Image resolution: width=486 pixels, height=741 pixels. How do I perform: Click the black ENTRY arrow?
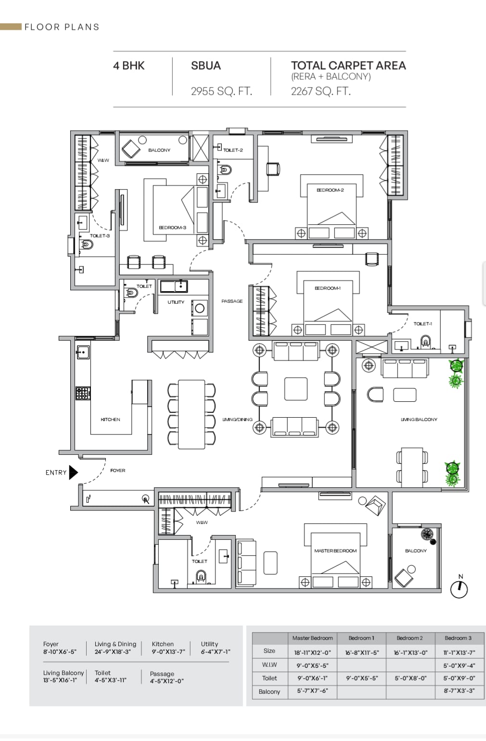point(73,473)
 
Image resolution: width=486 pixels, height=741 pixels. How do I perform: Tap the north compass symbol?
point(460,588)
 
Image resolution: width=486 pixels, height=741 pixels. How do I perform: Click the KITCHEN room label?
point(110,420)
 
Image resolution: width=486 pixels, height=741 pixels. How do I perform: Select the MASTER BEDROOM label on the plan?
point(335,551)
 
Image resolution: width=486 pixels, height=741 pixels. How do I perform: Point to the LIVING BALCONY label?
point(419,420)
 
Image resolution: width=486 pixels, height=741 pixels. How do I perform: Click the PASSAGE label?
point(232,301)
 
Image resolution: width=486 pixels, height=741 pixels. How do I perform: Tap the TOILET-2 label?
point(233,150)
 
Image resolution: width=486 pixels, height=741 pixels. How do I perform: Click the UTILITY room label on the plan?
point(176,302)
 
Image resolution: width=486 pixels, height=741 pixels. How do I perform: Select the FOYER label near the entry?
point(117,471)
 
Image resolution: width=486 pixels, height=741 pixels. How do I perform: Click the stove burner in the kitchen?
point(82,394)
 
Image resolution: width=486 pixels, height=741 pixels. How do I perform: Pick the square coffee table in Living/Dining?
point(295,389)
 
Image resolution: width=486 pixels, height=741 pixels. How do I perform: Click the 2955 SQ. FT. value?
point(221,91)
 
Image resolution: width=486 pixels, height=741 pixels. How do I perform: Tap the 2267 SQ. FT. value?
point(320,91)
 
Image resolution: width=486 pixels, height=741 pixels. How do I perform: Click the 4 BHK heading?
point(128,66)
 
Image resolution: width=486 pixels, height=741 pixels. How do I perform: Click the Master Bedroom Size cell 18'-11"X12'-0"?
point(313,653)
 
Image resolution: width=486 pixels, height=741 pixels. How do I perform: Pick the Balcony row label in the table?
point(269,691)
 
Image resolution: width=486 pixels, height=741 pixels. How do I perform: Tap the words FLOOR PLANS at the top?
point(62,27)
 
